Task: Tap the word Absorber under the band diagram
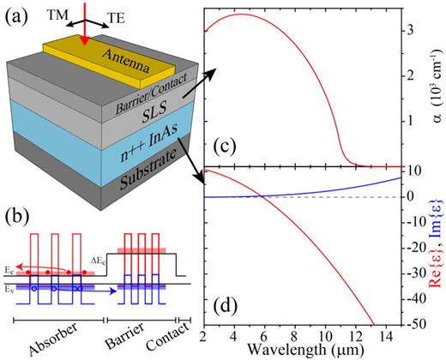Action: coord(51,350)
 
